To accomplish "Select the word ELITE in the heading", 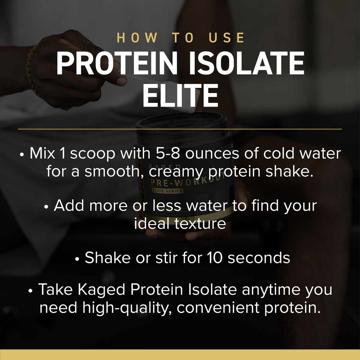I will (x=180, y=96).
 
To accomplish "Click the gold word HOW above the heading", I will (x=137, y=38).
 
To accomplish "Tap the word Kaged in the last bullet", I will (x=101, y=290).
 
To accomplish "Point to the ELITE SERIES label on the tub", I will (x=167, y=191).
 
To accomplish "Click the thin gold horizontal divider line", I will (x=180, y=129).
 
